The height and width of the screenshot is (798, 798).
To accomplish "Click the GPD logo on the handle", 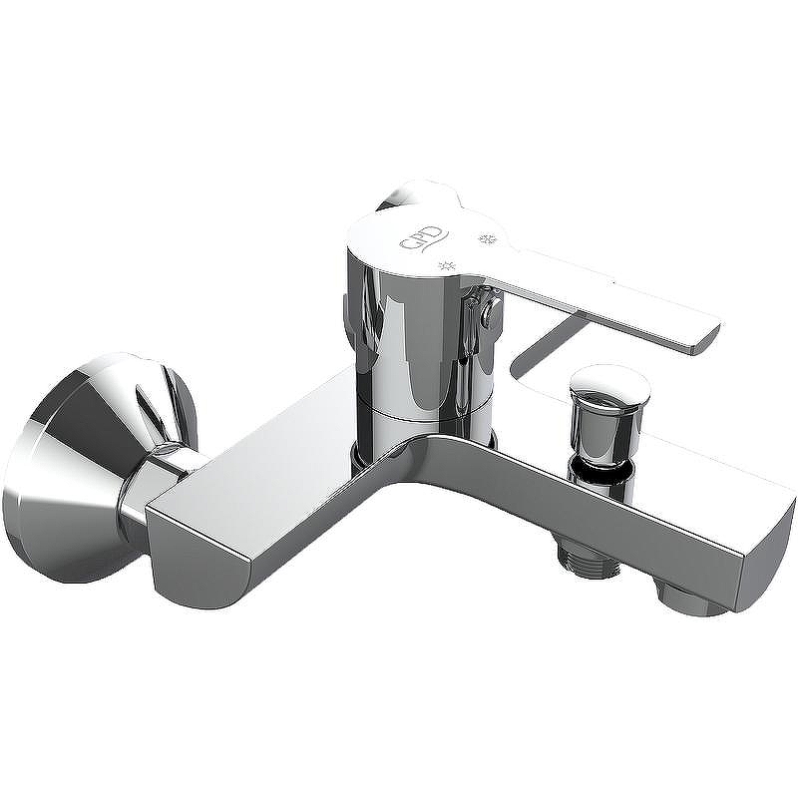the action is [423, 238].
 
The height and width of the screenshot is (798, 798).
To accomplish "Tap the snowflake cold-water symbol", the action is [487, 238].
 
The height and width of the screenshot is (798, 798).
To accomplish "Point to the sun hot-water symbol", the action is [446, 265].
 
